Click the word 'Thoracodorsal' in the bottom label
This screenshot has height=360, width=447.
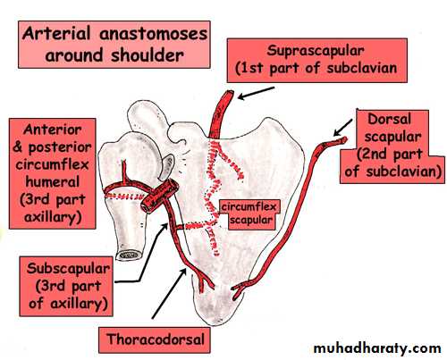click(156, 339)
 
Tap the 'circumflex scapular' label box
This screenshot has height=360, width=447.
click(250, 214)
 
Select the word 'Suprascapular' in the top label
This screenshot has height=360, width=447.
click(316, 51)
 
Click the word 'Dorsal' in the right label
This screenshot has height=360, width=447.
click(389, 120)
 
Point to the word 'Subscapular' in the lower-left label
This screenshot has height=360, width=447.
click(68, 269)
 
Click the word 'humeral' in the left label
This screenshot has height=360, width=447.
click(52, 182)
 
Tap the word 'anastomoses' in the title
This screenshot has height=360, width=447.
click(153, 34)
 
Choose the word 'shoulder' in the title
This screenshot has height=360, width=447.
click(148, 55)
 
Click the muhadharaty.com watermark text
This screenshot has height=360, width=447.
click(377, 347)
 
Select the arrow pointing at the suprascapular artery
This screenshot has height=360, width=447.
click(257, 93)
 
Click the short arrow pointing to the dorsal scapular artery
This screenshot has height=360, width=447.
click(343, 128)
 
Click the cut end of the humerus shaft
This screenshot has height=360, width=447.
click(130, 255)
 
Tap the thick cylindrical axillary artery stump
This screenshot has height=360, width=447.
click(160, 197)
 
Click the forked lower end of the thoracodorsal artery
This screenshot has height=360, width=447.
click(205, 281)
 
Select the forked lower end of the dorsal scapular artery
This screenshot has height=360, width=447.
click(239, 289)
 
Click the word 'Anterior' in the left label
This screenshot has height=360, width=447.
click(52, 130)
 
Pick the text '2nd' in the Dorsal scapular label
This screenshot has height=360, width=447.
click(375, 155)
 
